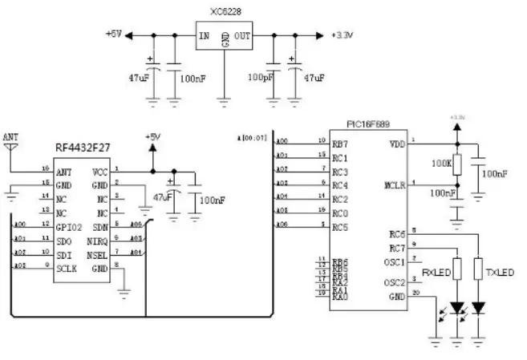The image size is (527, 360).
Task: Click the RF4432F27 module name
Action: (x=83, y=148)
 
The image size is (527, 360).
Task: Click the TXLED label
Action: (x=498, y=273)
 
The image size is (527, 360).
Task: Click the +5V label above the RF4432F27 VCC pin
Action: (x=153, y=136)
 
